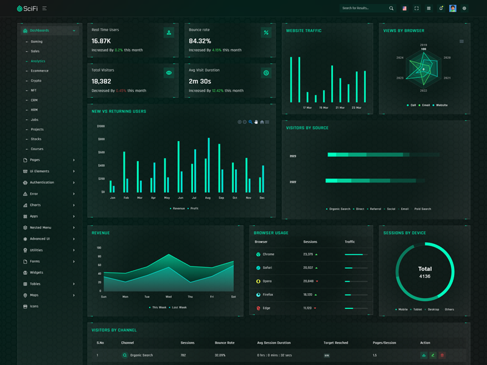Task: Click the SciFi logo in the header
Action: coord(27,9)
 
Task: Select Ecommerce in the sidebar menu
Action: coord(40,71)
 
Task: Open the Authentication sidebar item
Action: coord(41,182)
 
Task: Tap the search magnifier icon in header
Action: coord(391,9)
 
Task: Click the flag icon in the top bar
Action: coord(404,9)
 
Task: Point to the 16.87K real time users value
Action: coord(101,41)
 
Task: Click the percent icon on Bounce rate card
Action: coord(266,32)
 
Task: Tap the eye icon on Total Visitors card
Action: coord(169,73)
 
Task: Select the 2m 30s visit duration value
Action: coord(200,81)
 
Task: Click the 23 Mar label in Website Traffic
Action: coord(357,108)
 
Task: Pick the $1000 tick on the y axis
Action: coord(100,127)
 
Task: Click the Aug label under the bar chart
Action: coord(208,198)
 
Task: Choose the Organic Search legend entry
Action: coord(340,209)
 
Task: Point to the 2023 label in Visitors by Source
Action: coord(293,156)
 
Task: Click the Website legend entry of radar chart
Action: coord(441,105)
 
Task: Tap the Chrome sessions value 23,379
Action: coord(308,254)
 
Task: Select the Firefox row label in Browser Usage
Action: coord(268,294)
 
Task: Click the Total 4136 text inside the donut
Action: coord(425,272)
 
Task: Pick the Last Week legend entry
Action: coord(179,307)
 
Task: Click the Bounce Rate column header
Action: coord(225,342)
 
